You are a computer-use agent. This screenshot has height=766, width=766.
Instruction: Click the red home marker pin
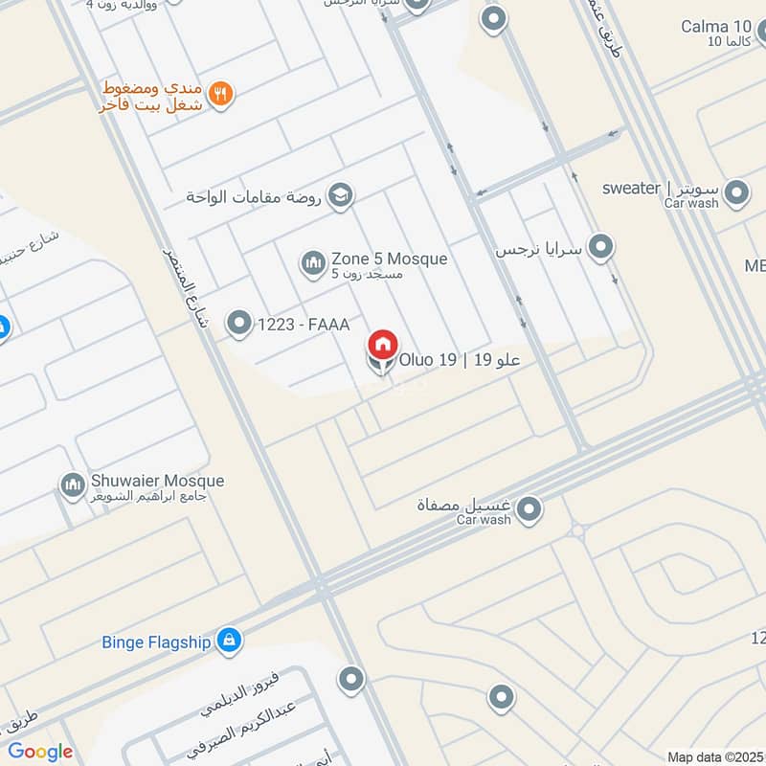(382, 345)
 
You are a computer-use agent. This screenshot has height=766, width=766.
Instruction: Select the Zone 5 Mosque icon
(312, 261)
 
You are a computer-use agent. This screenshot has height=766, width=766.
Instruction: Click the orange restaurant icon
(221, 93)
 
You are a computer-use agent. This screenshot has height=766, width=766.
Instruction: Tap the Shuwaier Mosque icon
(72, 485)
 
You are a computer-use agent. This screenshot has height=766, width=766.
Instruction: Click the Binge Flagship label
(156, 642)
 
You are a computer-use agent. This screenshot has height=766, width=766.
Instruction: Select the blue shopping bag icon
(228, 641)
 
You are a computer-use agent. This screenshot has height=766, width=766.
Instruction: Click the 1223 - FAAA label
(303, 326)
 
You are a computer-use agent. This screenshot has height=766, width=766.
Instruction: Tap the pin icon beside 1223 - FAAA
(237, 325)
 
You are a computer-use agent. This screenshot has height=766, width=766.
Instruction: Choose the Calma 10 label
(716, 26)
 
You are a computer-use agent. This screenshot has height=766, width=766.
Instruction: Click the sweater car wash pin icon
(736, 194)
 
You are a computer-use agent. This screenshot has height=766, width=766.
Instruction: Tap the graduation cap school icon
(339, 197)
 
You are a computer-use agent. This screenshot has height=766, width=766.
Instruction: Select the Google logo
(40, 752)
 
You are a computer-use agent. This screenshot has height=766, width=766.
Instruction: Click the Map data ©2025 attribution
(715, 756)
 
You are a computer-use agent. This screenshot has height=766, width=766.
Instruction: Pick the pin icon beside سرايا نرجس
(600, 248)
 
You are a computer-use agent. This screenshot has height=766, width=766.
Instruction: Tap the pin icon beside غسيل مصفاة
(528, 508)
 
